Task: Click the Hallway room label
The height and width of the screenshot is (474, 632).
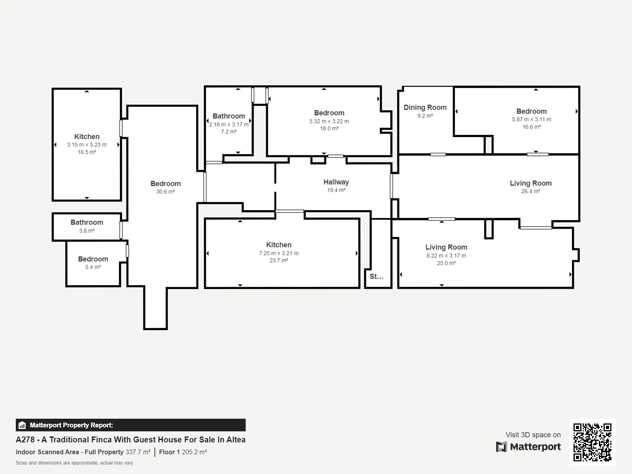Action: [336, 182]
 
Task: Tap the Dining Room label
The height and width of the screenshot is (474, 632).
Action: [425, 107]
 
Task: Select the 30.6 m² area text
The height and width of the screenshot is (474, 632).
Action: [166, 192]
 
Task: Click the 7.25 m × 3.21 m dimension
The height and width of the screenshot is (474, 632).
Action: [279, 253]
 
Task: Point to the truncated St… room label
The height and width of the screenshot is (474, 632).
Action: [376, 276]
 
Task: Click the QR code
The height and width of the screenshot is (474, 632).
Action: [592, 442]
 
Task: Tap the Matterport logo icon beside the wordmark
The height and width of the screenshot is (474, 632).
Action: [501, 447]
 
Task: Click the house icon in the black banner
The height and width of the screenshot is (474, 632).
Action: [22, 425]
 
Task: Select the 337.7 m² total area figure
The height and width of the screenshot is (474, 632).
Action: [138, 452]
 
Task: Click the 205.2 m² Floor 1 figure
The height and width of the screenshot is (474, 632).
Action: [194, 452]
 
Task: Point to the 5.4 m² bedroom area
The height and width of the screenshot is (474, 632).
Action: [93, 267]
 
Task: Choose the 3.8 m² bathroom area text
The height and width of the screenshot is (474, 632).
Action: [87, 231]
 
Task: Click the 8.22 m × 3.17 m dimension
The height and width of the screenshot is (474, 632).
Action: [446, 256]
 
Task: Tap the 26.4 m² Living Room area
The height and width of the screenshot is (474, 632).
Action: [530, 192]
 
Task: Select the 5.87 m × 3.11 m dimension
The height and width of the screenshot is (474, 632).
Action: [532, 119]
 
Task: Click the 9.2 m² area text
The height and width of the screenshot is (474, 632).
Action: [425, 116]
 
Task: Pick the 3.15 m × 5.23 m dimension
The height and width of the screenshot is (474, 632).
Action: [87, 145]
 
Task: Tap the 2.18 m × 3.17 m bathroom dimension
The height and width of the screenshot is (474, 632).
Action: [229, 124]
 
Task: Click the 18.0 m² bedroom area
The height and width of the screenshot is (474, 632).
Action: [329, 129]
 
